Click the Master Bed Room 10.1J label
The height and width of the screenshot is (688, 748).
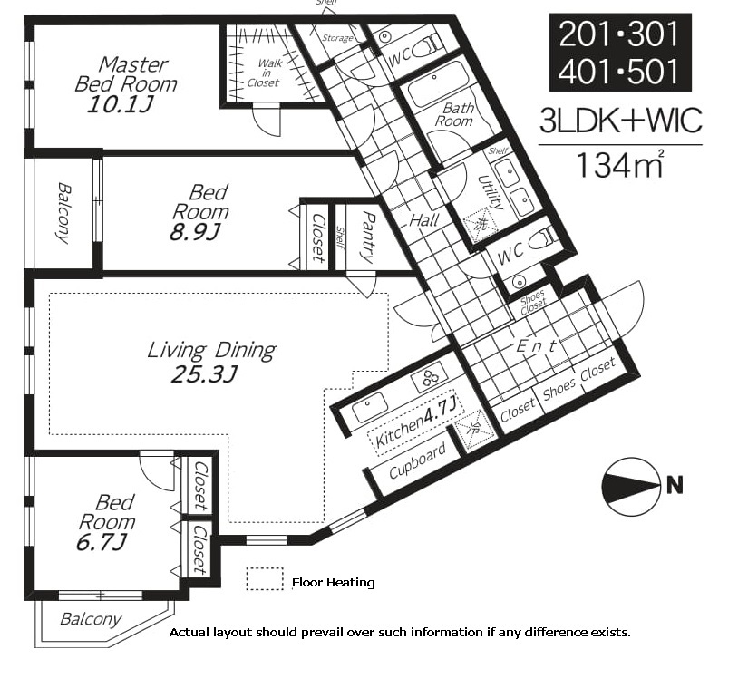click(x=126, y=85)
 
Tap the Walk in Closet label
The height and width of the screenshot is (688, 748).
click(x=265, y=73)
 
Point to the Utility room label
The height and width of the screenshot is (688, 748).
click(x=491, y=192)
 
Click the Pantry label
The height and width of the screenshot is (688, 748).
click(x=368, y=237)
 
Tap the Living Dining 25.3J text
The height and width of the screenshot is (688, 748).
click(x=211, y=362)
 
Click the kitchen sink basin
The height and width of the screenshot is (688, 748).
click(x=370, y=407)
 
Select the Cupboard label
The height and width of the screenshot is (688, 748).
click(x=417, y=460)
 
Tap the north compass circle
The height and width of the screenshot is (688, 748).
click(x=631, y=487)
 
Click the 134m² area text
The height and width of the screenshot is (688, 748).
click(x=619, y=164)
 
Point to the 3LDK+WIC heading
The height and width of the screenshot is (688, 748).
click(x=621, y=121)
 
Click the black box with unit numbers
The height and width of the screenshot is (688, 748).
click(x=620, y=53)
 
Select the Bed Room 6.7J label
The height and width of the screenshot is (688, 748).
click(x=106, y=522)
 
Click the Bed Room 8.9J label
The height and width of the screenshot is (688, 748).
click(x=199, y=212)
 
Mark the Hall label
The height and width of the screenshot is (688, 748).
click(x=424, y=220)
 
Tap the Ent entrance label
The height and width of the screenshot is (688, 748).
click(x=537, y=345)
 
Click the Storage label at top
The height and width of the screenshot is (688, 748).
click(x=337, y=38)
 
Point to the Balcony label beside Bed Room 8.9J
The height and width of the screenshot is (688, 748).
click(x=63, y=213)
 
